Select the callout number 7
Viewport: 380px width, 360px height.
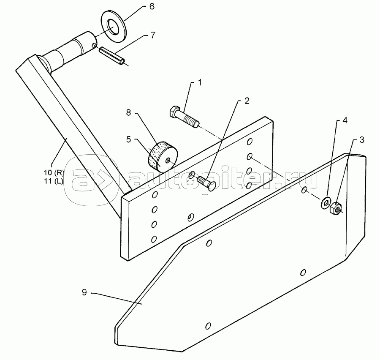click(146, 35)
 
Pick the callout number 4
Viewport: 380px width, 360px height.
click(345, 120)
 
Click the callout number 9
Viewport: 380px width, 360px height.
click(84, 292)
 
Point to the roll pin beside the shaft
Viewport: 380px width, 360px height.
click(112, 56)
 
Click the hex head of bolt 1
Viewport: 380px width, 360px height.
click(175, 112)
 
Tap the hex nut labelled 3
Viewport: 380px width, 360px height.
click(336, 207)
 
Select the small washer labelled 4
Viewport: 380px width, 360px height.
click(327, 202)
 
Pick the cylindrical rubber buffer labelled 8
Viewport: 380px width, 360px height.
click(162, 157)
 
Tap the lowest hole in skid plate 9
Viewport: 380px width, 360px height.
click(207, 327)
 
